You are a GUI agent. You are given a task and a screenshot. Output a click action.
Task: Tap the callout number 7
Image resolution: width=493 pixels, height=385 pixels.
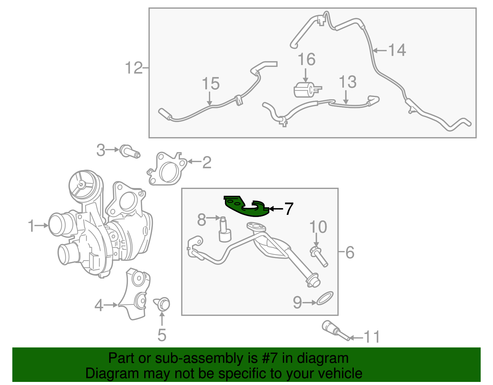[288, 209]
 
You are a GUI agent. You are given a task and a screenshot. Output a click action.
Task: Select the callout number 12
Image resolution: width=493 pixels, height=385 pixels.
[134, 68]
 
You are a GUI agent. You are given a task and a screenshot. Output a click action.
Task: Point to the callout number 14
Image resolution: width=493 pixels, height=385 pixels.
[397, 50]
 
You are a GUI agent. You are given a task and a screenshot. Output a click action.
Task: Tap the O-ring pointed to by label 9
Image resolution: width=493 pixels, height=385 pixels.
[325, 298]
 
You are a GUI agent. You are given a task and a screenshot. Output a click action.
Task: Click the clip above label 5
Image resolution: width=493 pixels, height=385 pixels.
[162, 304]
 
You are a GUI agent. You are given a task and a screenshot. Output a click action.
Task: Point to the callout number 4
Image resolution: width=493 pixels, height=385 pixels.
[99, 306]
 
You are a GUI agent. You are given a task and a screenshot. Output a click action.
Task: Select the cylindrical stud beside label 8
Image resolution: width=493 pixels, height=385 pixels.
[224, 231]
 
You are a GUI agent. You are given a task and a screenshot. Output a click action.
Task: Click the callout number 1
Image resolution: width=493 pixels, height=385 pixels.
[31, 226]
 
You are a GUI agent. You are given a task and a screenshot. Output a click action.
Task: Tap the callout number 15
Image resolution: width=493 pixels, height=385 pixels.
[211, 84]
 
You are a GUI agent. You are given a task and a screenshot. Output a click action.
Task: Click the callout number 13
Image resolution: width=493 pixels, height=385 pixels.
[347, 82]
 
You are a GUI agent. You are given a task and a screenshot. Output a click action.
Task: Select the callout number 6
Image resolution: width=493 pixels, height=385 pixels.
[350, 252]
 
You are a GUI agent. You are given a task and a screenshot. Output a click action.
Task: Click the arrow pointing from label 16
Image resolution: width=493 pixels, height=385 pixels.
[306, 75]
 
